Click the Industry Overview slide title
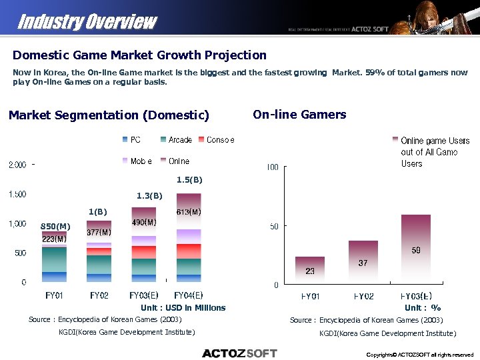coord(87,21)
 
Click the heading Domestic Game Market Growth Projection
coord(139,55)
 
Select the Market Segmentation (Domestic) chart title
coord(109,115)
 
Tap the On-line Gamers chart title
coord(299,115)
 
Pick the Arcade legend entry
coord(176,140)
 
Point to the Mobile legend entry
coord(137,161)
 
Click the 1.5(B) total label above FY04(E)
coord(189,179)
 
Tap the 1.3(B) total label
coord(149,196)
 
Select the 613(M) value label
coord(189,212)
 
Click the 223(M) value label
coord(54,238)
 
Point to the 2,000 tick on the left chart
coord(17,165)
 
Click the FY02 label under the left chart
coord(99,295)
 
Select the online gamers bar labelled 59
coord(415,247)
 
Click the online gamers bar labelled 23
coord(310,267)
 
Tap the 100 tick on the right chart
coord(272,167)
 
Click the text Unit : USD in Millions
coord(183,308)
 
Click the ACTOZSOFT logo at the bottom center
coord(239,353)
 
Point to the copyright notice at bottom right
coord(420,355)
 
